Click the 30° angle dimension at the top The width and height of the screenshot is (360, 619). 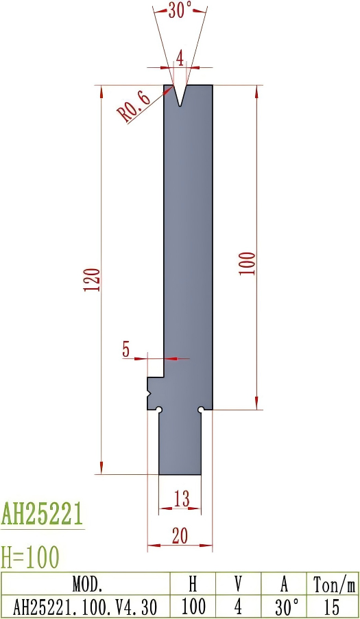(x=180, y=11)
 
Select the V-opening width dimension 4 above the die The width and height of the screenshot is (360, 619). (x=180, y=58)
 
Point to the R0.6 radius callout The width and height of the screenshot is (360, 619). (x=135, y=105)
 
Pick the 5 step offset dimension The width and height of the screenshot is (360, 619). (x=126, y=349)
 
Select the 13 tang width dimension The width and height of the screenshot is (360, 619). (x=181, y=499)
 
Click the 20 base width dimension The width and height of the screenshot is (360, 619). (x=180, y=537)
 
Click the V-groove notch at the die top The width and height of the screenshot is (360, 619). (x=180, y=95)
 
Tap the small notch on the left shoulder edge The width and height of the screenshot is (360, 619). (x=149, y=394)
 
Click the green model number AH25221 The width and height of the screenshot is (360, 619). (x=43, y=513)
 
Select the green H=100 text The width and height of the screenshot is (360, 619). (x=31, y=555)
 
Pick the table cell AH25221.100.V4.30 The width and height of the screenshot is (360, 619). (x=86, y=607)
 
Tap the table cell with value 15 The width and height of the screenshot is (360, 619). (x=332, y=607)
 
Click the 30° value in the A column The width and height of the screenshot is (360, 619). (x=285, y=607)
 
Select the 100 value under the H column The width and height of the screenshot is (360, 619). (x=193, y=607)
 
